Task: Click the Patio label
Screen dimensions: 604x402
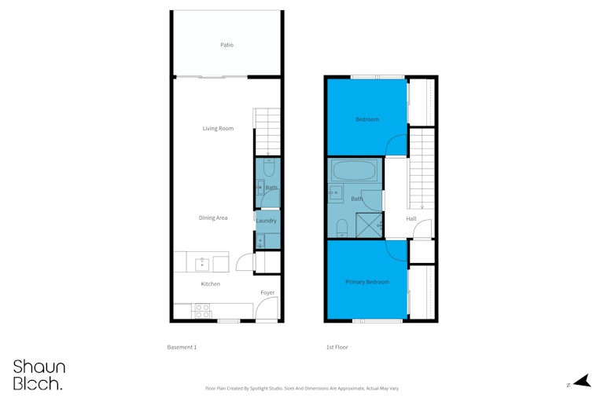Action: [226, 45]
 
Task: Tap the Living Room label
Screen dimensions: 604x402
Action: [218, 129]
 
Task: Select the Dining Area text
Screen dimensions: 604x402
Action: [213, 217]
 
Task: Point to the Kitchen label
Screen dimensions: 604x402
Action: [210, 284]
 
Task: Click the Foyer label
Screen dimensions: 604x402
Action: [267, 293]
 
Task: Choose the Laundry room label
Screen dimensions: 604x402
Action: [266, 221]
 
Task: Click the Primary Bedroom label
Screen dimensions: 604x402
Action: [367, 282]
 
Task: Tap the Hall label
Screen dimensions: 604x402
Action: [411, 219]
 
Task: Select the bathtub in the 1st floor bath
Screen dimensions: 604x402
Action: [355, 170]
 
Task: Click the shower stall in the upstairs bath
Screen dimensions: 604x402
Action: [369, 225]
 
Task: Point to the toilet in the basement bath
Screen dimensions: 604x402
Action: [269, 168]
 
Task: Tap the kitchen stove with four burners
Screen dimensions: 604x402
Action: [202, 311]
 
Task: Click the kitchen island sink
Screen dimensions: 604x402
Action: [202, 265]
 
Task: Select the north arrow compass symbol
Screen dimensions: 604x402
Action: [582, 381]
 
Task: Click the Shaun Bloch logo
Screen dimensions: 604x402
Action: [39, 375]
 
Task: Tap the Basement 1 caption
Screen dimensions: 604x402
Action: [182, 347]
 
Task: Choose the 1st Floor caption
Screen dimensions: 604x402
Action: [337, 347]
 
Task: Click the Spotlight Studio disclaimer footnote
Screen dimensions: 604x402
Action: [302, 389]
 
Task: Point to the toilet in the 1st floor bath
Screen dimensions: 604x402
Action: [341, 228]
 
